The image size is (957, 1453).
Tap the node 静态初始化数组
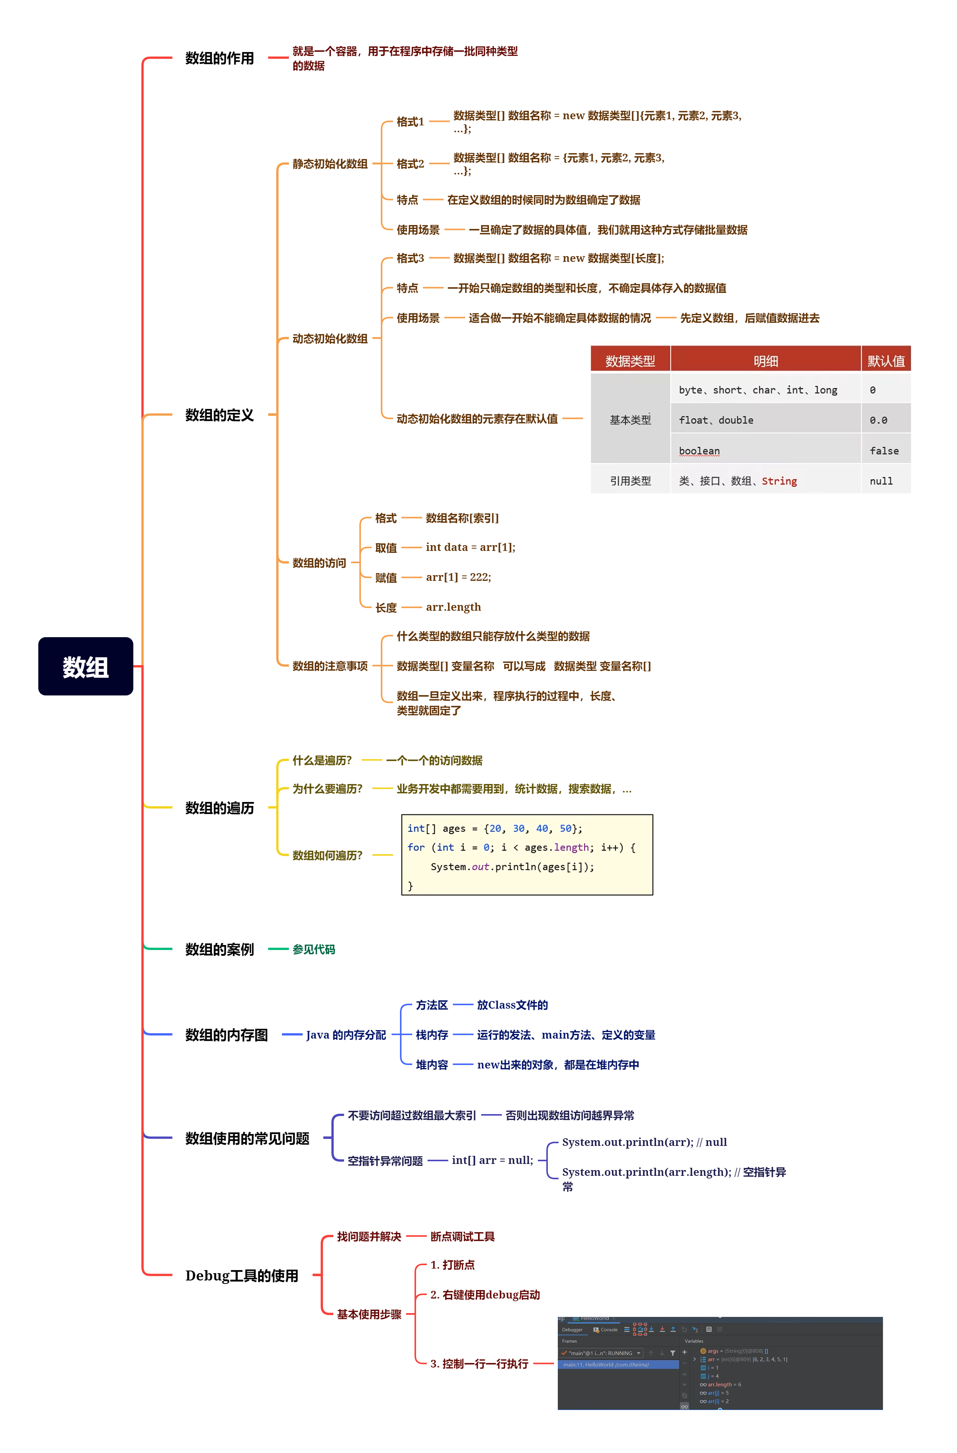pos(329,164)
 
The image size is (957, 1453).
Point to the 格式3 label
pos(410,258)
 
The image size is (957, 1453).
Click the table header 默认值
pos(886,361)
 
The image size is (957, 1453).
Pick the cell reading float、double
pos(716,420)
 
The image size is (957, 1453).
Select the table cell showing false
pos(884,451)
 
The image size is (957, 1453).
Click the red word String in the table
pos(779,481)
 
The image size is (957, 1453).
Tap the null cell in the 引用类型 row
pos(881,481)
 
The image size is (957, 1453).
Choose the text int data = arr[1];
pos(470,547)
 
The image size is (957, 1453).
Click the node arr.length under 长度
pos(453,607)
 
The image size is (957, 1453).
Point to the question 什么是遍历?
pos(322,760)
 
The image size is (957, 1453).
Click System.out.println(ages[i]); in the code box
pos(512,867)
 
